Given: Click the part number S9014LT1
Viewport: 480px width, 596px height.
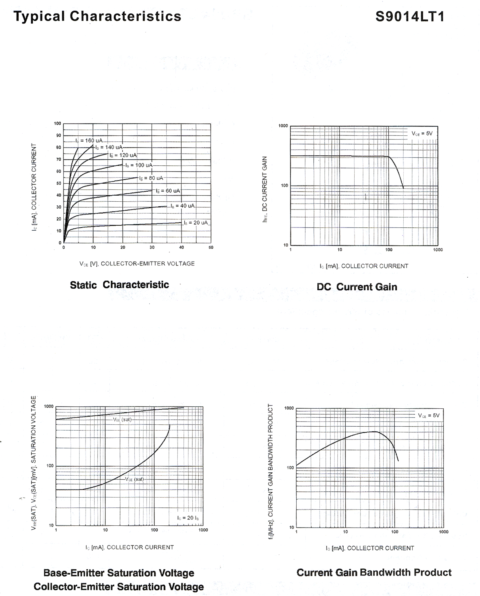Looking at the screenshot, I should pyautogui.click(x=410, y=17).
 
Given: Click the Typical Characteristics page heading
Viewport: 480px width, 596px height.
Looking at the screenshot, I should pyautogui.click(x=97, y=16).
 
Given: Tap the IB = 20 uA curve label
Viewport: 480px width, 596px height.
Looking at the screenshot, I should pyautogui.click(x=196, y=222).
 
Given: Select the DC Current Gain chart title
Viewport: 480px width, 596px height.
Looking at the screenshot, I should pyautogui.click(x=357, y=287).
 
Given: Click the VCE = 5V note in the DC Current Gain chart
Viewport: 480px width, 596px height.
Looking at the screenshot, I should pyautogui.click(x=422, y=133).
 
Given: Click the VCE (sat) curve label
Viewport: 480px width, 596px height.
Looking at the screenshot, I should pyautogui.click(x=134, y=479).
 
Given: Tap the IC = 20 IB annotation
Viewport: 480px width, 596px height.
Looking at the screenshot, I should pyautogui.click(x=188, y=518).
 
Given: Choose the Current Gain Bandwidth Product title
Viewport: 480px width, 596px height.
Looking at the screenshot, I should pyautogui.click(x=374, y=572).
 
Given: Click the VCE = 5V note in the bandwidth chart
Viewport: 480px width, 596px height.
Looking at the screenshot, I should pyautogui.click(x=429, y=415).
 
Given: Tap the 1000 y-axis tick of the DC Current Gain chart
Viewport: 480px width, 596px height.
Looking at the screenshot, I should pyautogui.click(x=283, y=126).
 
